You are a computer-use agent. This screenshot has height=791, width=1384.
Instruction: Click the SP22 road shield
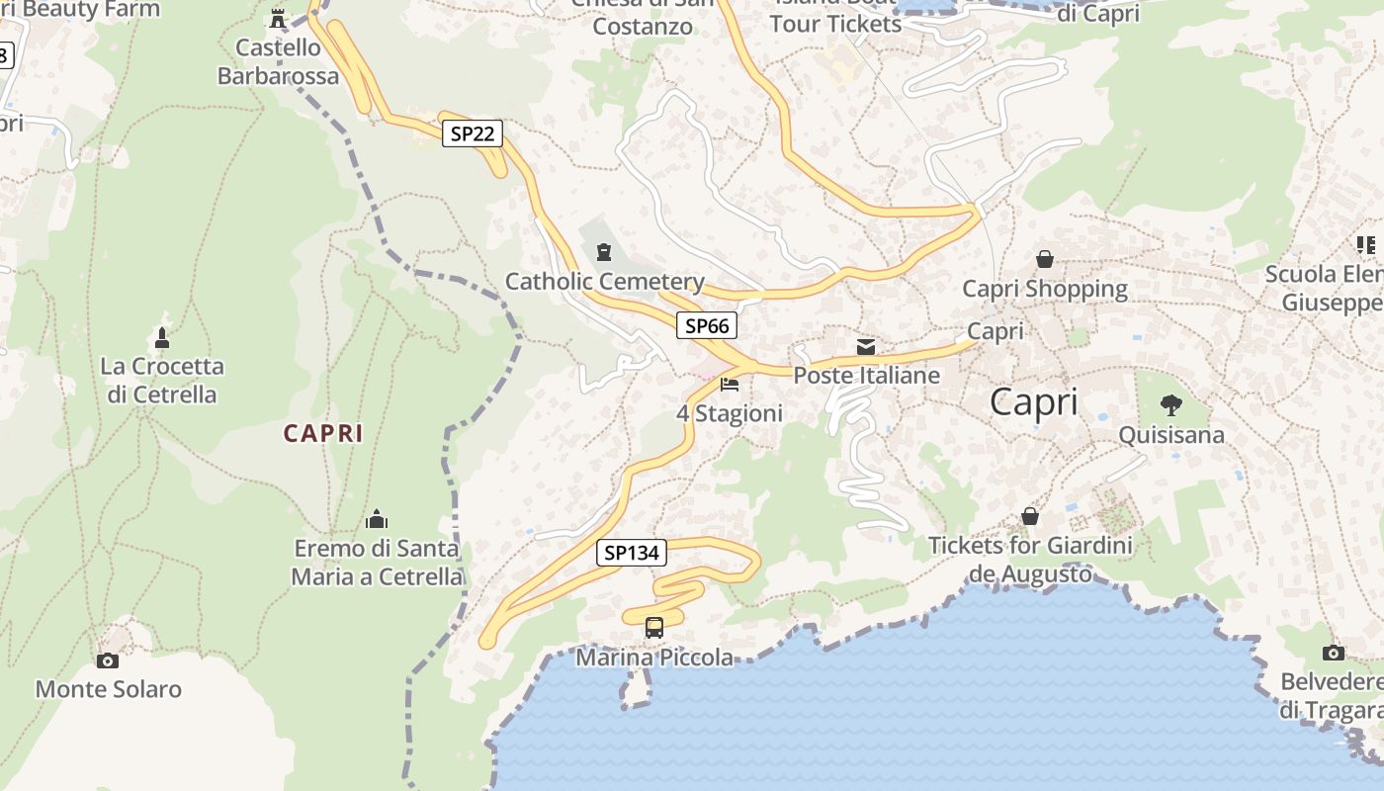click(472, 133)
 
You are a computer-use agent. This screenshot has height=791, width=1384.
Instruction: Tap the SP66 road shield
click(707, 325)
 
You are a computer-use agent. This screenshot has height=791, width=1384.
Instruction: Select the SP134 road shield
click(632, 553)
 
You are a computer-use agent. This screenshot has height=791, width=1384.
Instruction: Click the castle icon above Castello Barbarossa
click(278, 18)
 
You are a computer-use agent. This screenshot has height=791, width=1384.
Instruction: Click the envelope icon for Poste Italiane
click(866, 347)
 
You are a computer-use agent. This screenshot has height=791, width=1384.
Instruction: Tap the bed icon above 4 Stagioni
click(730, 384)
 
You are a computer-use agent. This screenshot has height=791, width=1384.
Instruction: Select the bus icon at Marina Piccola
click(654, 627)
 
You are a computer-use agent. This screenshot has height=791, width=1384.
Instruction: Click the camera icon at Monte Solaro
click(108, 660)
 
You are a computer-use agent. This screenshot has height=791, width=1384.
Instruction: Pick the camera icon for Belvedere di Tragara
click(1333, 653)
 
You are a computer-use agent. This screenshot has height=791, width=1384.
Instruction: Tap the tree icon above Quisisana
click(1170, 404)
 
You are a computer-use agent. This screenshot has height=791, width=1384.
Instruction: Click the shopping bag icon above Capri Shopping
click(1044, 259)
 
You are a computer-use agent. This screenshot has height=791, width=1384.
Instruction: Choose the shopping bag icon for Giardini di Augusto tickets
click(1030, 516)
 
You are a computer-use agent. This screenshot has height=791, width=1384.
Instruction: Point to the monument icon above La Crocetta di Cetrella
click(162, 337)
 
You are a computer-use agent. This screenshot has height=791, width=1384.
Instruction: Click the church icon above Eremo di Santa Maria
click(377, 519)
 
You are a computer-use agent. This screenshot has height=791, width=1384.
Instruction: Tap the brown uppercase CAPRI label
click(323, 433)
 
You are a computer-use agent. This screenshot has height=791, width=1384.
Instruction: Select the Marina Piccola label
click(654, 658)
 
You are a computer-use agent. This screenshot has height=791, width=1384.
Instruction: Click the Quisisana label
click(1170, 435)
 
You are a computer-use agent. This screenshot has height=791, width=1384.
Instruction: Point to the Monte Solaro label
click(109, 689)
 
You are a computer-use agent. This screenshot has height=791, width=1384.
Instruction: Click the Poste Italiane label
click(866, 376)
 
